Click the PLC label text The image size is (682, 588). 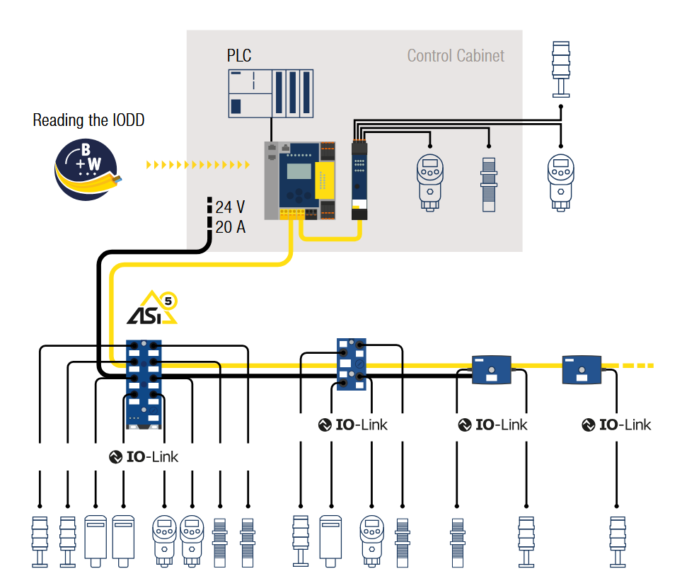point(239,55)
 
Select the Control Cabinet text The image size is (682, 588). point(456,56)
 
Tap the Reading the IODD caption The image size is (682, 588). point(88,120)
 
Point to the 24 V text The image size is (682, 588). point(230,207)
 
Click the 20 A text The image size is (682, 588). point(230,227)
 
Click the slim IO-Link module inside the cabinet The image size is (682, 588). point(360,181)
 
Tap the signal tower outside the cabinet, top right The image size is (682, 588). point(560,69)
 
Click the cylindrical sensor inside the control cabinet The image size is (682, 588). point(488,182)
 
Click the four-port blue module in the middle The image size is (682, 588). point(352,364)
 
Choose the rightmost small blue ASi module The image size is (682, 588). point(582,369)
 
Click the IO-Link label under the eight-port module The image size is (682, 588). point(144,457)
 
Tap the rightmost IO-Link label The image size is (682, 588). point(616,425)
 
